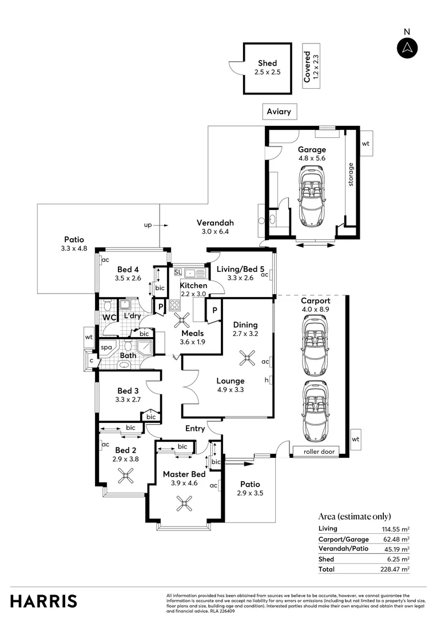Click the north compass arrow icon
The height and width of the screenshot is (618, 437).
[x=407, y=48]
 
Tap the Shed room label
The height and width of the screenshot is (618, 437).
[x=267, y=64]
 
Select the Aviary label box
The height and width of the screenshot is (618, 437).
[x=279, y=112]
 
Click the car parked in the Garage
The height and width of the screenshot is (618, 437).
[x=312, y=195]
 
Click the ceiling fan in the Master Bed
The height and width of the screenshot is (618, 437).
[x=184, y=504]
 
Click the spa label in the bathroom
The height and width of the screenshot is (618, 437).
[x=106, y=347]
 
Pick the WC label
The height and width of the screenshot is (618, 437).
[x=109, y=317]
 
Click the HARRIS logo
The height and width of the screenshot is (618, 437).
[x=44, y=601]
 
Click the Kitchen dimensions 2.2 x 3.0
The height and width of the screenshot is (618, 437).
[x=193, y=294]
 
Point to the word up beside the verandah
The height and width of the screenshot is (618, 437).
[x=148, y=225]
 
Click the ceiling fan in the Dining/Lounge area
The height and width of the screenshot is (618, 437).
[x=247, y=359]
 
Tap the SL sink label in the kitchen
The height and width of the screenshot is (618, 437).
[x=177, y=272]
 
